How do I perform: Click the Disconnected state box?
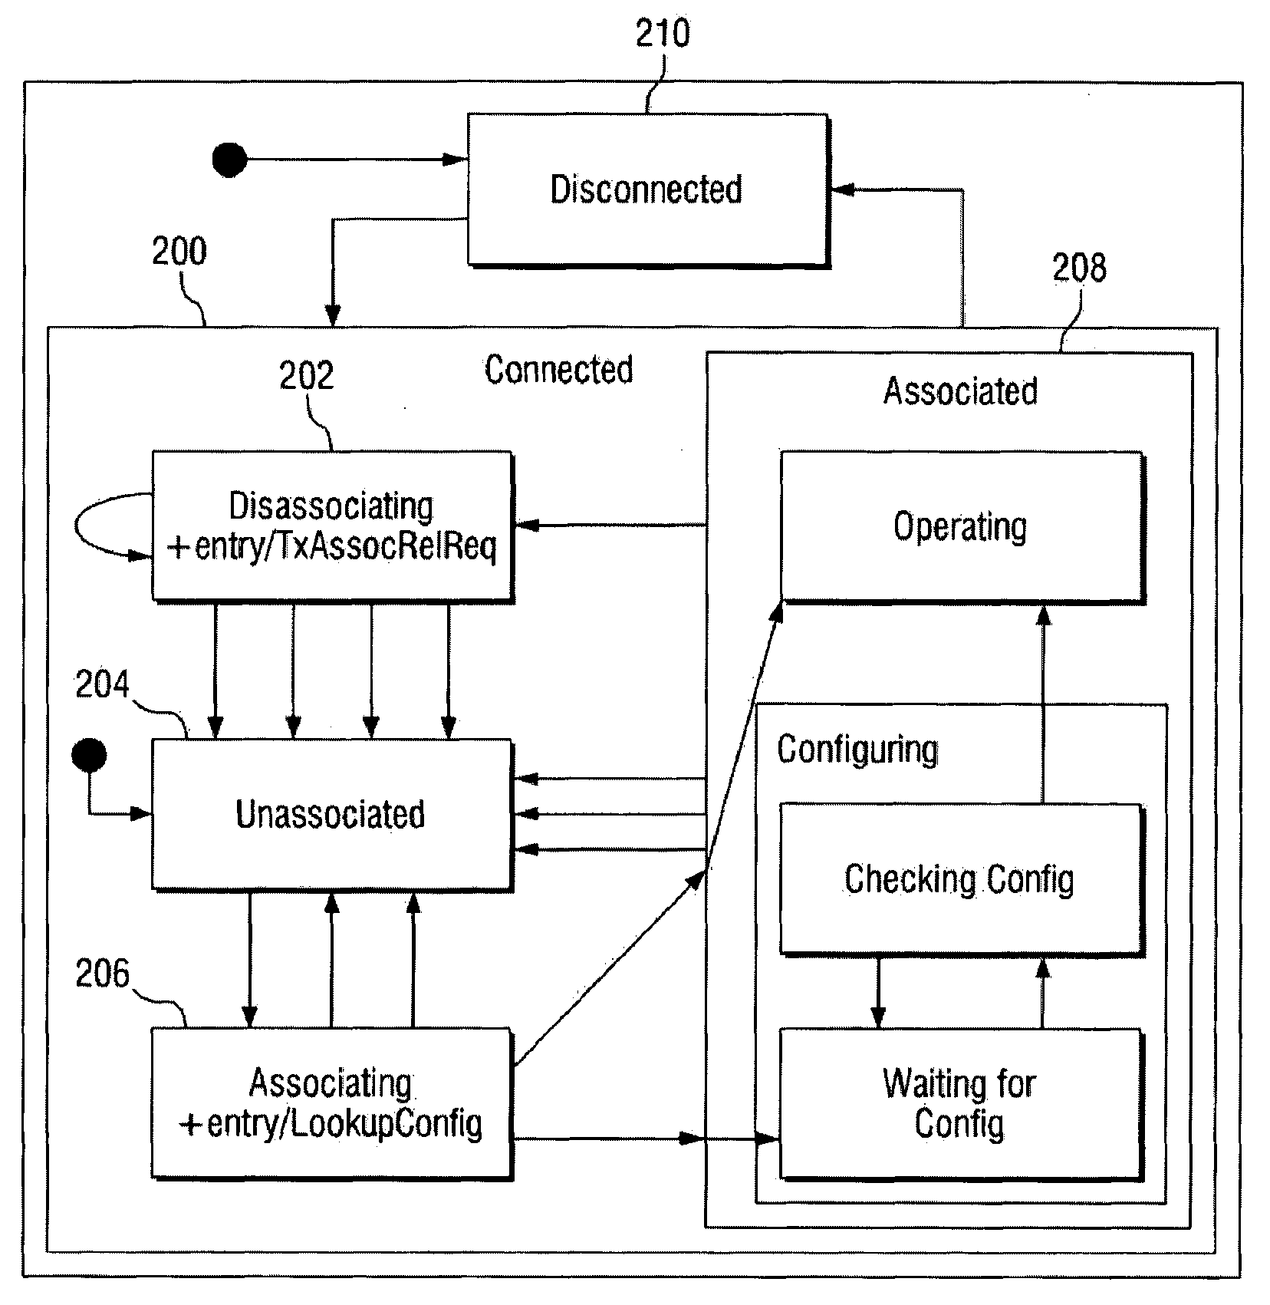(648, 189)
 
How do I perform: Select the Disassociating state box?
(332, 526)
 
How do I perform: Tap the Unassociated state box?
(332, 814)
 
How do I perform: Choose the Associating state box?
(332, 1103)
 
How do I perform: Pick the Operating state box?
(962, 526)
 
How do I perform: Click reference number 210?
(663, 34)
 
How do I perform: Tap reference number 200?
(179, 251)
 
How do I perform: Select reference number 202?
(307, 376)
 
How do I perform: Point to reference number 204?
(103, 684)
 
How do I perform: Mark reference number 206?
(103, 974)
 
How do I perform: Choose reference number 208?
(1079, 268)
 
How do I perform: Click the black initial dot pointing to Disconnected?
(229, 160)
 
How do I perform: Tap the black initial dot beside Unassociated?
(89, 756)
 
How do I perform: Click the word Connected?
(559, 370)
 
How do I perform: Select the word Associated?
(960, 391)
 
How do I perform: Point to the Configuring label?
(857, 750)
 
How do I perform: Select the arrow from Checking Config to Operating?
(1043, 704)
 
